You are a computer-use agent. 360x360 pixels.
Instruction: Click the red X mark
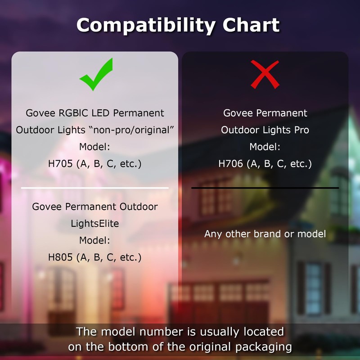265,74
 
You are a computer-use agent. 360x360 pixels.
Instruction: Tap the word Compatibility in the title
146,26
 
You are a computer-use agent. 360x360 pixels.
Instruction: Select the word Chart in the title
251,25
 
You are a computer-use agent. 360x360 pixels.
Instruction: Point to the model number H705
60,164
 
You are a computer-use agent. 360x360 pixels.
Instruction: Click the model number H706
230,164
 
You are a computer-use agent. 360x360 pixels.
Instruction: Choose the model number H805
60,257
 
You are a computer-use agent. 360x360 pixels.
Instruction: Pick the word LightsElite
95,223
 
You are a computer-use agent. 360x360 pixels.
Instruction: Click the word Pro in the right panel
301,130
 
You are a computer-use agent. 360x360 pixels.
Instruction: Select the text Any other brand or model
265,234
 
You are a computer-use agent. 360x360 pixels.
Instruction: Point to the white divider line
95,188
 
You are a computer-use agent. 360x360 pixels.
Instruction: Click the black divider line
265,188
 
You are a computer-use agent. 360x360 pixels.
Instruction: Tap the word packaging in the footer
264,347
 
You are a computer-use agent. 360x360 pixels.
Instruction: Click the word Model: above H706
265,147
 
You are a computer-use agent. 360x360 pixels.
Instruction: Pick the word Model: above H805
94,240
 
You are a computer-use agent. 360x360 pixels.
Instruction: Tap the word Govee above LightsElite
47,207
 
